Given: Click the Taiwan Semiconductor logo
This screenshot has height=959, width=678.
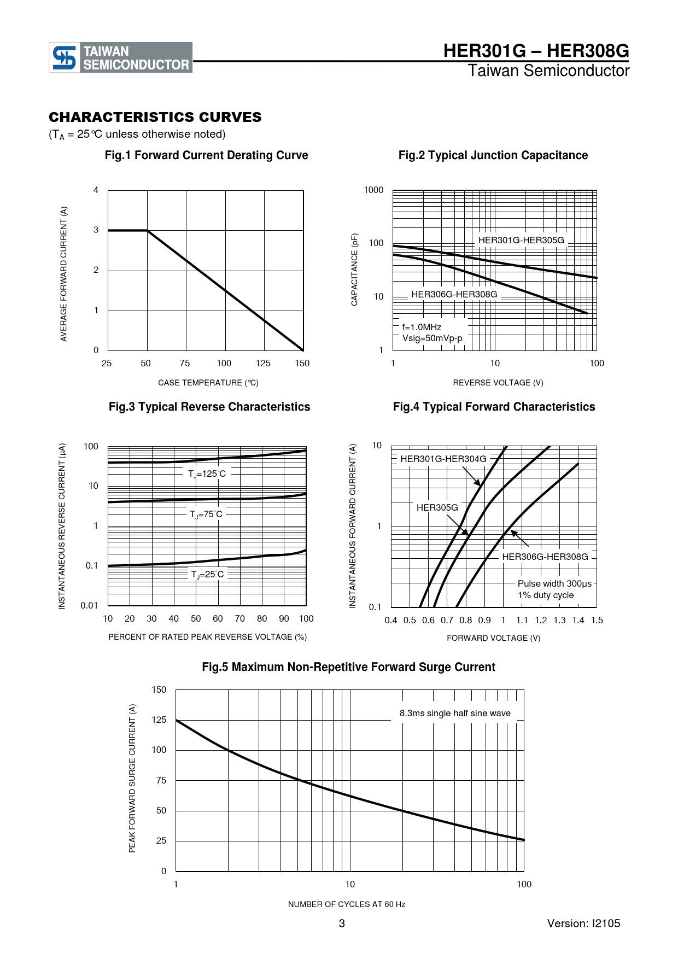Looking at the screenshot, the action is coord(121,57).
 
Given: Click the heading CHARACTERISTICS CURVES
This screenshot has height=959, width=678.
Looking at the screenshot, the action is coord(155,117).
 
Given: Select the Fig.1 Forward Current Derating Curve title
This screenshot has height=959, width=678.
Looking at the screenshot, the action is coord(207,155).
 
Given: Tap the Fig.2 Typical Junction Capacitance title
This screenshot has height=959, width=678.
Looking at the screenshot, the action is coord(493,155).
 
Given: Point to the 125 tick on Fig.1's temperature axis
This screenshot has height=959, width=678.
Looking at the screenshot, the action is coord(263,363).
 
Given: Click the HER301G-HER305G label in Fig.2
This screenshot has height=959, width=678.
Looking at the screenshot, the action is coord(521,240).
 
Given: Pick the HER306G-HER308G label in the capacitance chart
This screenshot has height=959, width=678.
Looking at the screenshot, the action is coord(454,294).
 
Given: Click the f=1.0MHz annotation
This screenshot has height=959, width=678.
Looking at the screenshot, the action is coord(422,327).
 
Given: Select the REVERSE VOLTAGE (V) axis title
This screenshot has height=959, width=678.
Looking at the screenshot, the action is coord(498,383).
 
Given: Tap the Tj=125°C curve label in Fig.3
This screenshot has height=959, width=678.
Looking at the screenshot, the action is coord(207,474).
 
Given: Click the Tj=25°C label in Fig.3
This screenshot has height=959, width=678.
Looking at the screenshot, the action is coord(208,575).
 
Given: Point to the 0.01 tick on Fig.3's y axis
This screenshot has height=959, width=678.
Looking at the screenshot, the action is coord(89,605).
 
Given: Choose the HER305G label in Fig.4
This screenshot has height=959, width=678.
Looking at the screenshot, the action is coord(437,507).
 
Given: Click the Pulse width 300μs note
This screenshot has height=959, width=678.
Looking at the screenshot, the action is coord(554,584).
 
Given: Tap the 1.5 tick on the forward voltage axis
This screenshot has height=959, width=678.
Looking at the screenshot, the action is coord(597,620).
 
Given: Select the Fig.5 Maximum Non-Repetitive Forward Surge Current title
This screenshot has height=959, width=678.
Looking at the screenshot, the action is coord(349,667).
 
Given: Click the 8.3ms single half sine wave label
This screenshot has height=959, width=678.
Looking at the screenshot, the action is coord(455,713).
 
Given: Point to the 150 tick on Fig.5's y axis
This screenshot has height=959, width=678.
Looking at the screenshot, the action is coord(159,689).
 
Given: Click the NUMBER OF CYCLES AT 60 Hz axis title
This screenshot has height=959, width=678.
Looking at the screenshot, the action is coord(347,904).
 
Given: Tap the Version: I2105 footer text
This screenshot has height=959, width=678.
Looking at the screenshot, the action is coord(584,923).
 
